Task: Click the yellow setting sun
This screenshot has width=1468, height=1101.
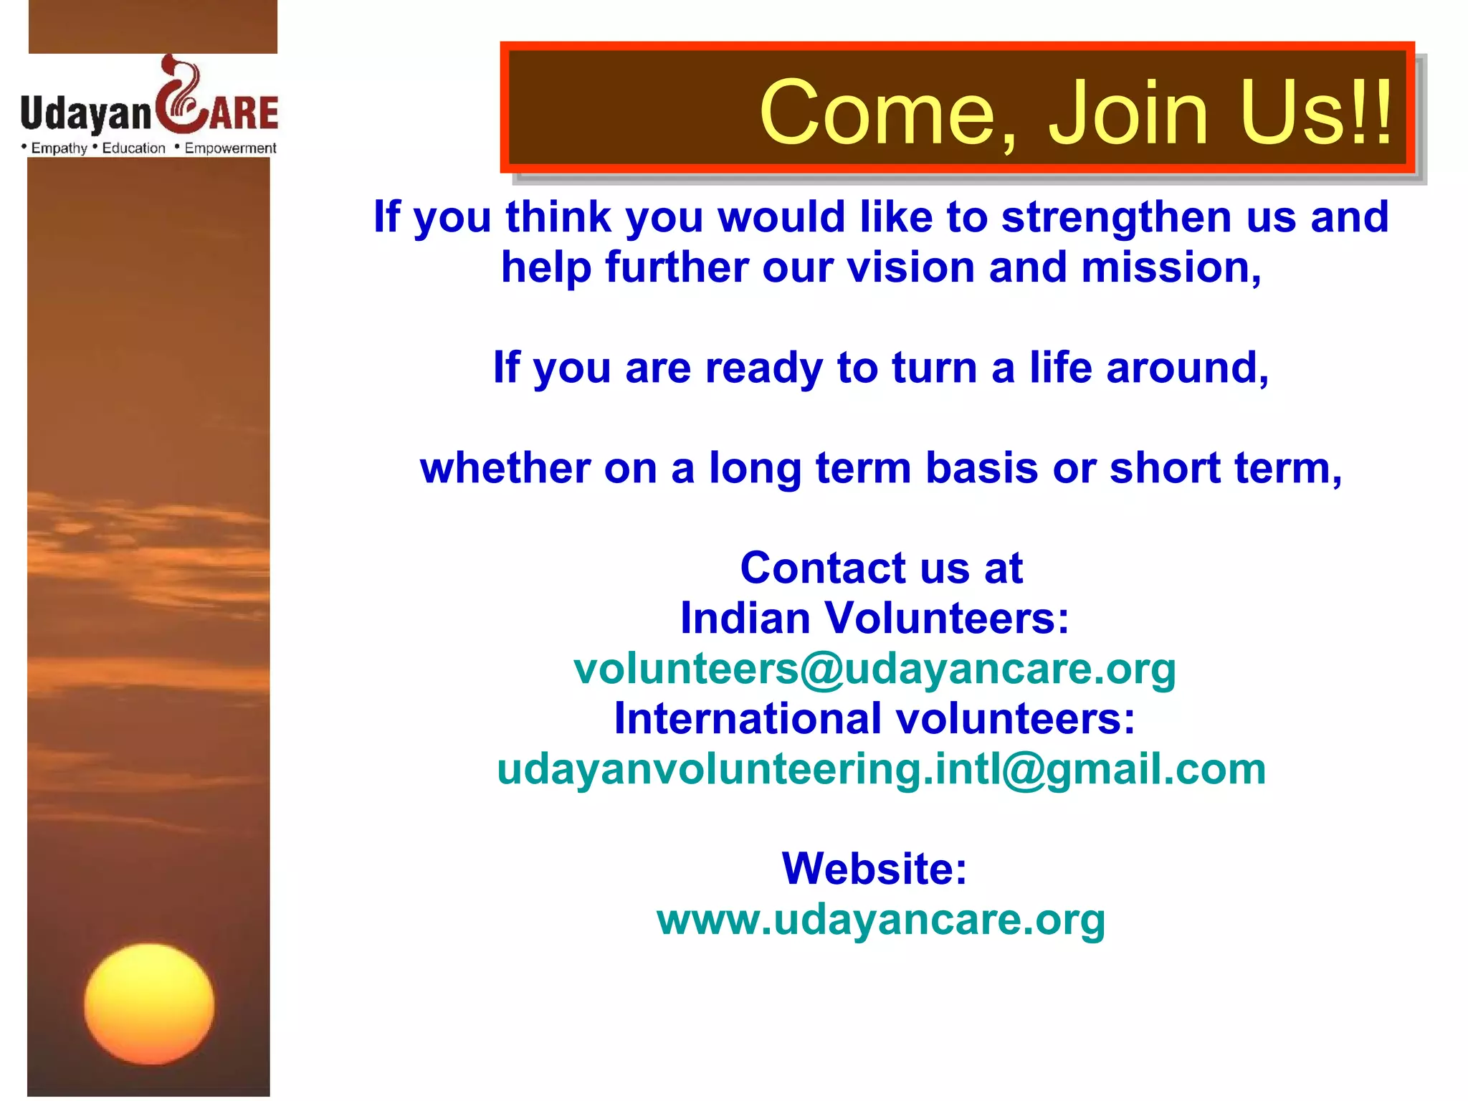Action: pos(149,1004)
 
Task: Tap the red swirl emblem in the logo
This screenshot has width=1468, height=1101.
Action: pos(181,97)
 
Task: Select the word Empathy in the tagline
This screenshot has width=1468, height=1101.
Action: pos(59,148)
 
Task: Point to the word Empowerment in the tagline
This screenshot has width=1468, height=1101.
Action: pos(230,148)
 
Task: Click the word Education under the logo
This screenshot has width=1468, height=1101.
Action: pos(133,148)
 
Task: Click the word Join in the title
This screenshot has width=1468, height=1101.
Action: pos(1128,113)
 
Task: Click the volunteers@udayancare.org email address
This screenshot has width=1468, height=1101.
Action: pos(874,669)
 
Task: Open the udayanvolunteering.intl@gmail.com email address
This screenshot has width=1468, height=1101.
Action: pos(881,769)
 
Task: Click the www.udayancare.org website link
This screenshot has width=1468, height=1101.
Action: pos(881,920)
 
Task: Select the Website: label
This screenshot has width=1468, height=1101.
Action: pos(874,869)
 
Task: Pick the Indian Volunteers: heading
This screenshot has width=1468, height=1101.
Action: pos(874,618)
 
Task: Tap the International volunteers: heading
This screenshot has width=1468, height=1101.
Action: pos(874,718)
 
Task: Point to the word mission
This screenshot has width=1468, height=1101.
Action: pos(1171,267)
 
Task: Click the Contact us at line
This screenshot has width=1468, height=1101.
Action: pos(881,568)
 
